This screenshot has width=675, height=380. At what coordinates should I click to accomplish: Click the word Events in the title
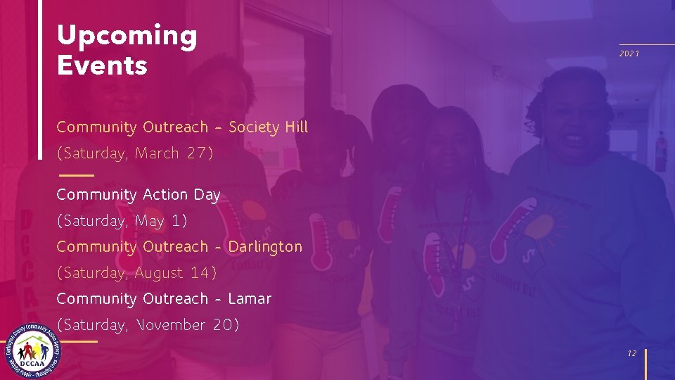(x=102, y=66)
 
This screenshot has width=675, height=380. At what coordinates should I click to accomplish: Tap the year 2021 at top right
(x=629, y=54)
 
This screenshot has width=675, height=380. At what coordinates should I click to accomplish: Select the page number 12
(x=632, y=354)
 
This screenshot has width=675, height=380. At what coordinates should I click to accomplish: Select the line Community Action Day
(x=139, y=195)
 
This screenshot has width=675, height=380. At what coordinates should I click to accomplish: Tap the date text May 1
(x=161, y=221)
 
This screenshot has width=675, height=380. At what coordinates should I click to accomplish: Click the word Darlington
(x=265, y=247)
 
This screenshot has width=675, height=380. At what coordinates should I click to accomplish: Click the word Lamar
(x=250, y=299)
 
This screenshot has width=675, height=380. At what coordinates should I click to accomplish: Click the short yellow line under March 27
(x=76, y=175)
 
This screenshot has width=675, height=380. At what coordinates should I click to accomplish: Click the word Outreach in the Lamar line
(x=175, y=299)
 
